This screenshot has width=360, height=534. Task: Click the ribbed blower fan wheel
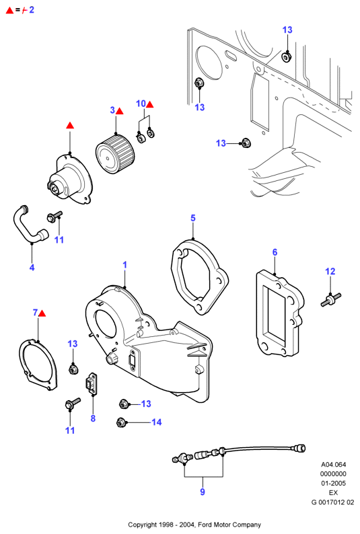pos(115,154)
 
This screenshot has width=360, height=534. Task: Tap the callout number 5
pos(193,218)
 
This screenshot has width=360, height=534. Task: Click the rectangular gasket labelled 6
pos(279,313)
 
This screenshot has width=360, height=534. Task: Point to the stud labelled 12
pos(331,299)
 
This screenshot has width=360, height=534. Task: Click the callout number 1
pos(125,264)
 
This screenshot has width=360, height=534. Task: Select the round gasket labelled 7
pos(38,365)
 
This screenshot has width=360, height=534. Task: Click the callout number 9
pos(203,492)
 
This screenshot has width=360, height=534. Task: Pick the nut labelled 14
pos(120,422)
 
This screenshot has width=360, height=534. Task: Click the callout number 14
pos(157,422)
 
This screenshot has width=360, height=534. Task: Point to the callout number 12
pos(330,271)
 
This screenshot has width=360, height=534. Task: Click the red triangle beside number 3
pos(120,111)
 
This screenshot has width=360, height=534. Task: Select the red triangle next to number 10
pos(150,104)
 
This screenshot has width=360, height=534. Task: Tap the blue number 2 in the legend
pos(32,9)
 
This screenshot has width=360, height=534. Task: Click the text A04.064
pos(334,464)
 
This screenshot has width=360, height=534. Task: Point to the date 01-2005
pos(334,483)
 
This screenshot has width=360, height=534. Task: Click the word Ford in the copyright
pos(205,525)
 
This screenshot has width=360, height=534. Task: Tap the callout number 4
pos(32,268)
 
